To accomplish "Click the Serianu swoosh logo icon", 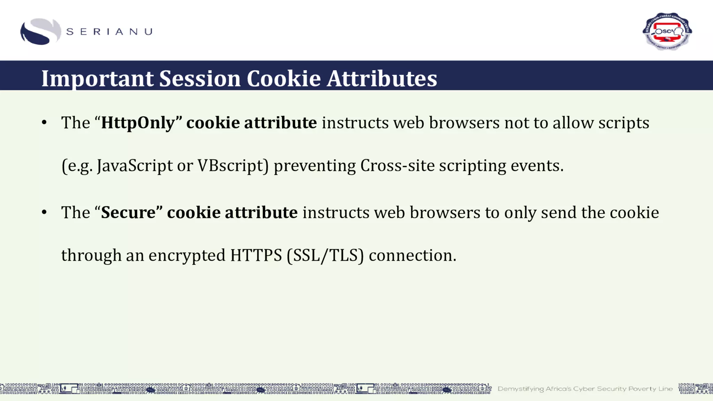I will point(40,32).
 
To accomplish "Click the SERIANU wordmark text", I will point(109,32).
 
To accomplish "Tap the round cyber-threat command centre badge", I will point(667,31).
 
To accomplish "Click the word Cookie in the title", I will point(283,78).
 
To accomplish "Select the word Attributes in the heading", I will point(382,78).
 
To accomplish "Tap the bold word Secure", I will point(128,213).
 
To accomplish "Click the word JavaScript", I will point(134,166).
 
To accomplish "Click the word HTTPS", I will point(256,255).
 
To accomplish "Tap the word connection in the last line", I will point(412,255).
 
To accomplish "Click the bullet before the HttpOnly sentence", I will point(44,123).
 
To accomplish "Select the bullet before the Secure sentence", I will point(44,212).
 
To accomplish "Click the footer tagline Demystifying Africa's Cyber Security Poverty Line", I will point(585,389).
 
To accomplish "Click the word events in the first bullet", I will point(536,166).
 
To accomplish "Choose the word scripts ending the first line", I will point(624,123).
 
